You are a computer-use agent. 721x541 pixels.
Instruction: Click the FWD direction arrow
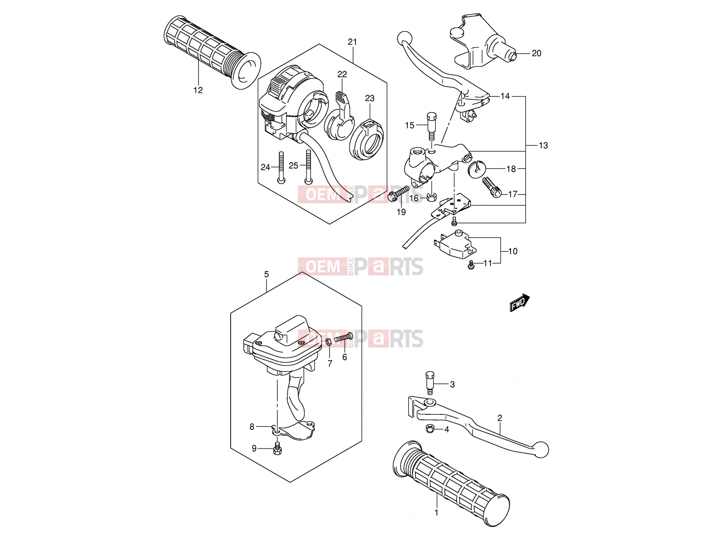coord(519,302)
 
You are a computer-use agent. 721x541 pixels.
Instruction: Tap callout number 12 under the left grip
coord(198,90)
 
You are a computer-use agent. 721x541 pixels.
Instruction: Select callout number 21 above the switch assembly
coord(352,42)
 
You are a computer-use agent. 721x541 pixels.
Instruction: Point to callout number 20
coord(536,53)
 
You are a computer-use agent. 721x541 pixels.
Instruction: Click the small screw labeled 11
coord(471,265)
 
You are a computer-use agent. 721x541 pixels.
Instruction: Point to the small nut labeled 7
coord(329,342)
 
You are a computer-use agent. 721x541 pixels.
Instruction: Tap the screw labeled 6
coord(343,337)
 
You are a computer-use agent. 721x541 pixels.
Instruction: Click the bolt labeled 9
coord(277,448)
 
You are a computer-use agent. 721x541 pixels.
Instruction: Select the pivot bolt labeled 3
coord(429,382)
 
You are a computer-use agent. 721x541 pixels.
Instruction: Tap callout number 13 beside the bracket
coord(543,145)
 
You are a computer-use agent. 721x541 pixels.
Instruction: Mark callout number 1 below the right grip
coord(437,513)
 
